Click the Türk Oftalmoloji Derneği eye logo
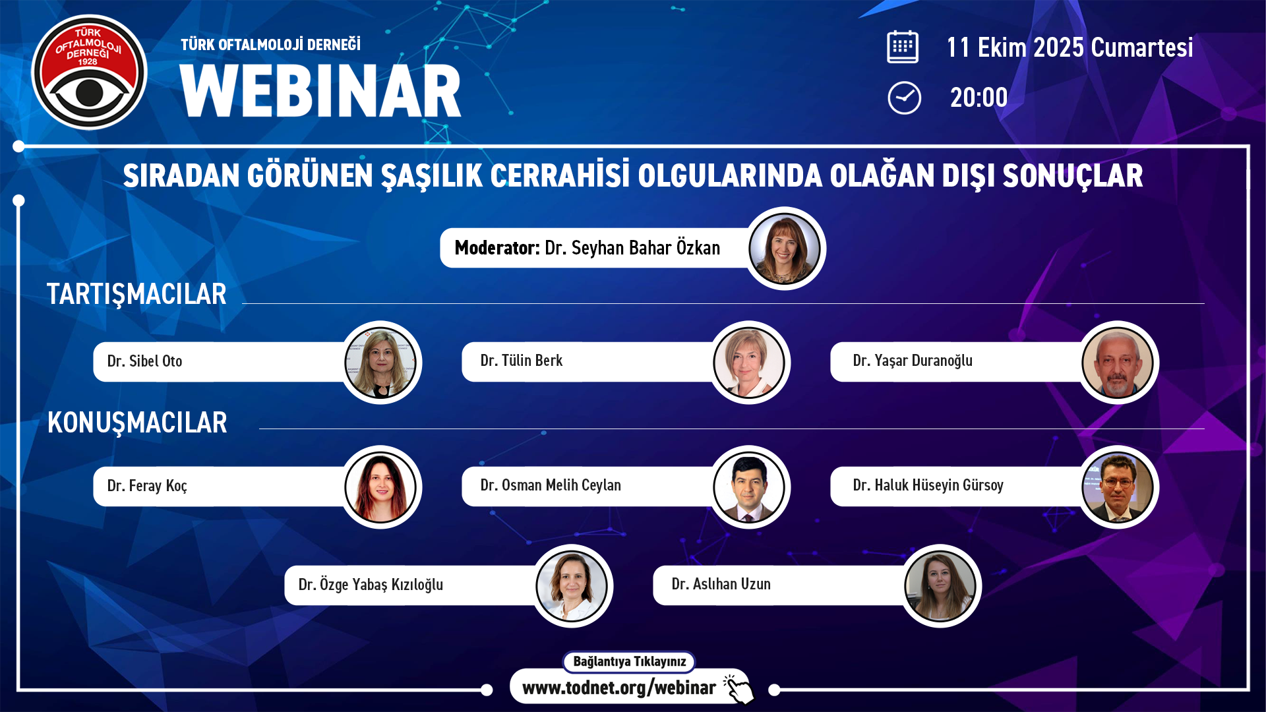click(x=89, y=73)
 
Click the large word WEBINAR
click(x=320, y=91)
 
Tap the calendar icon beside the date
click(x=903, y=47)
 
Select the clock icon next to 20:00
click(x=904, y=98)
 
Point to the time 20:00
click(x=979, y=98)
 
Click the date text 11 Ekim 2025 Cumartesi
click(x=1070, y=47)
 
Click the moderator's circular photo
click(x=785, y=249)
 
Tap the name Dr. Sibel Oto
click(x=144, y=361)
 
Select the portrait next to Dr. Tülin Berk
click(x=749, y=363)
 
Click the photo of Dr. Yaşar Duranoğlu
click(x=1118, y=363)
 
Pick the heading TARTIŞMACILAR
click(x=136, y=294)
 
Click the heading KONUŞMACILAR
click(x=137, y=423)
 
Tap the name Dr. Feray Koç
click(x=147, y=486)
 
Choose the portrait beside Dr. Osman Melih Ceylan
click(x=749, y=487)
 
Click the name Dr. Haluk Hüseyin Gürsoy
click(x=928, y=485)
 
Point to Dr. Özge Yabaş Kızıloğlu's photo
click(x=572, y=586)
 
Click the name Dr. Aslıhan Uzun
click(x=721, y=584)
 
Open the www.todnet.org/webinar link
click(x=618, y=688)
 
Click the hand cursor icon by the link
click(x=738, y=689)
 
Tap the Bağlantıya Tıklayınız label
click(x=629, y=661)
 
